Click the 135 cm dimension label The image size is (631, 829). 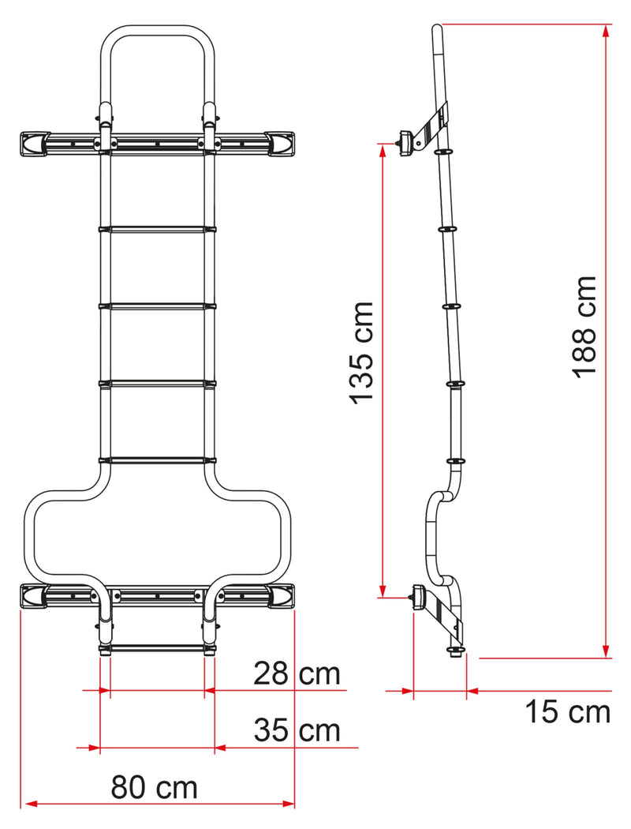364,352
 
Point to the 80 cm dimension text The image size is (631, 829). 154,787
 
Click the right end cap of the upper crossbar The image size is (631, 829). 281,143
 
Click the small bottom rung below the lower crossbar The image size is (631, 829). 157,648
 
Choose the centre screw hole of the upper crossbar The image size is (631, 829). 157,144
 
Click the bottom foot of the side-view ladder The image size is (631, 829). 457,651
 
